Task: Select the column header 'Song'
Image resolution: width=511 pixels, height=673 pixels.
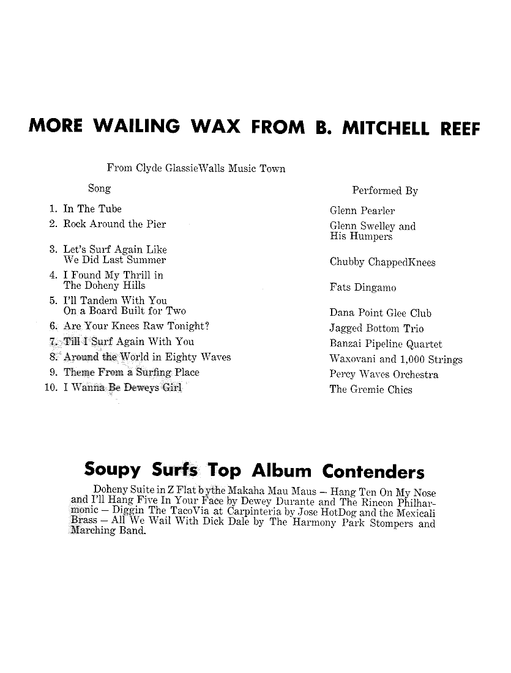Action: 99,189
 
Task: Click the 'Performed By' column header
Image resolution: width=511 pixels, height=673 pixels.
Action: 385,191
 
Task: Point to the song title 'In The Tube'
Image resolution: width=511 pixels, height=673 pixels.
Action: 92,209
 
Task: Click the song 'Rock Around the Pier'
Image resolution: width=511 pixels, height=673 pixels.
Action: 114,224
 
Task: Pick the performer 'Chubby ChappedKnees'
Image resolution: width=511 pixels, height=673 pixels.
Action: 382,262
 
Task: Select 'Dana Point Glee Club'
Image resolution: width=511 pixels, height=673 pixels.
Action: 381,313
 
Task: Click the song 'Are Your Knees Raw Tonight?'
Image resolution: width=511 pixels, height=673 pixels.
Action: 136,326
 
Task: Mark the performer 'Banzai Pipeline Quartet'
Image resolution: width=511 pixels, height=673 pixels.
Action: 386,344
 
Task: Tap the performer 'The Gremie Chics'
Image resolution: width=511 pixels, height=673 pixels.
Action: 371,390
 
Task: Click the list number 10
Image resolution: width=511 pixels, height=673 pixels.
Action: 51,388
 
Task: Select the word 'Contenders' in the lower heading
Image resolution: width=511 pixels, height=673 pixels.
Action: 373,472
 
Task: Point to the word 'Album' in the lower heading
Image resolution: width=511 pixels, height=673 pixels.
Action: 283,472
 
